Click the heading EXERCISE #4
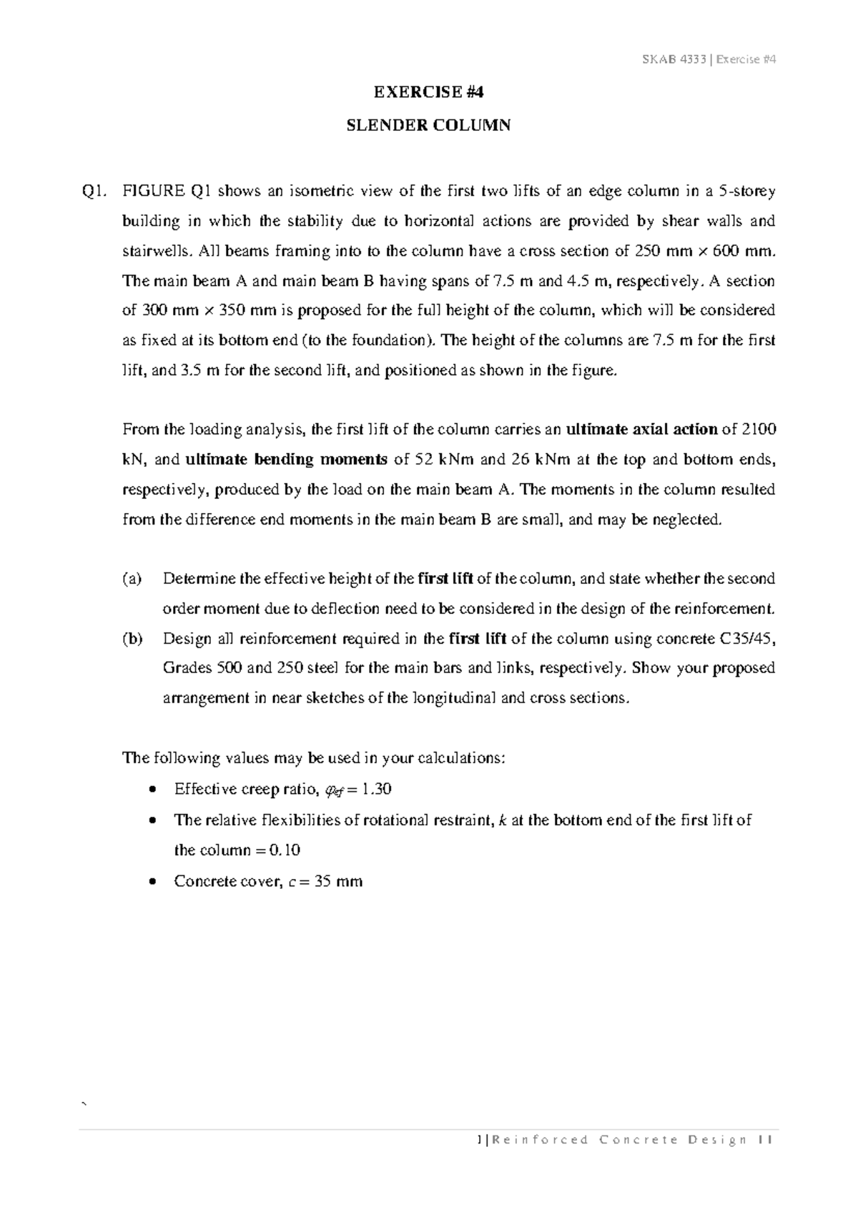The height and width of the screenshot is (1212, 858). point(429,91)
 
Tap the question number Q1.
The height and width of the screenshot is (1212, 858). point(94,192)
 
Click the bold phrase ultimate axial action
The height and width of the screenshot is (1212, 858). point(641,429)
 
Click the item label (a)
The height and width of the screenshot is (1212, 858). point(132,579)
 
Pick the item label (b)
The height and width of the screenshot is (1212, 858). point(132,639)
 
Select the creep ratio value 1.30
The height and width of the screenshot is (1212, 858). point(377,790)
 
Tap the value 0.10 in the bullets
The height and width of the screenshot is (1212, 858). point(285,850)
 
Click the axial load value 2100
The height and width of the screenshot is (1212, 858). point(760,429)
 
